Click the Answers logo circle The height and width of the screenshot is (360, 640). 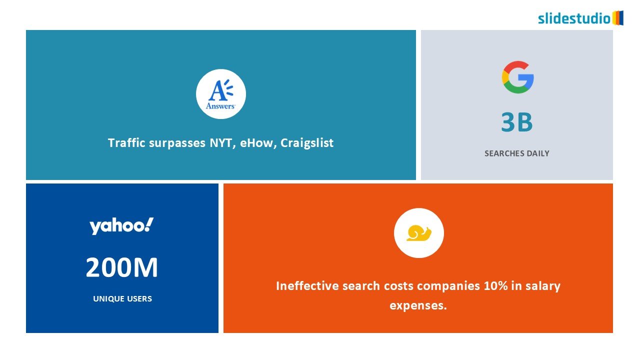point(221,94)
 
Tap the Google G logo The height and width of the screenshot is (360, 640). point(517,77)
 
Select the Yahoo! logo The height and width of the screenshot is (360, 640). point(121,226)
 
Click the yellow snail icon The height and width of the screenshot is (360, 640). point(419,233)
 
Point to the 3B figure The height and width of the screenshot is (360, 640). point(517,122)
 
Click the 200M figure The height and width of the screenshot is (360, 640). point(121,267)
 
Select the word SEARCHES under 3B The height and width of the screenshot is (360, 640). point(504,153)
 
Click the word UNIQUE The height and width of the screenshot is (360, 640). point(107,299)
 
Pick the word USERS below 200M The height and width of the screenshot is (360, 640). point(138,299)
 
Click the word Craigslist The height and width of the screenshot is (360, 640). point(307,143)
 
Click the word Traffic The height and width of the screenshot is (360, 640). point(126,142)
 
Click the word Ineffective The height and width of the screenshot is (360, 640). point(307,286)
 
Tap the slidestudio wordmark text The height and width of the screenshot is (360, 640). point(574,18)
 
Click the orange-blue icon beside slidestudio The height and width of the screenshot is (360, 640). point(617,18)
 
